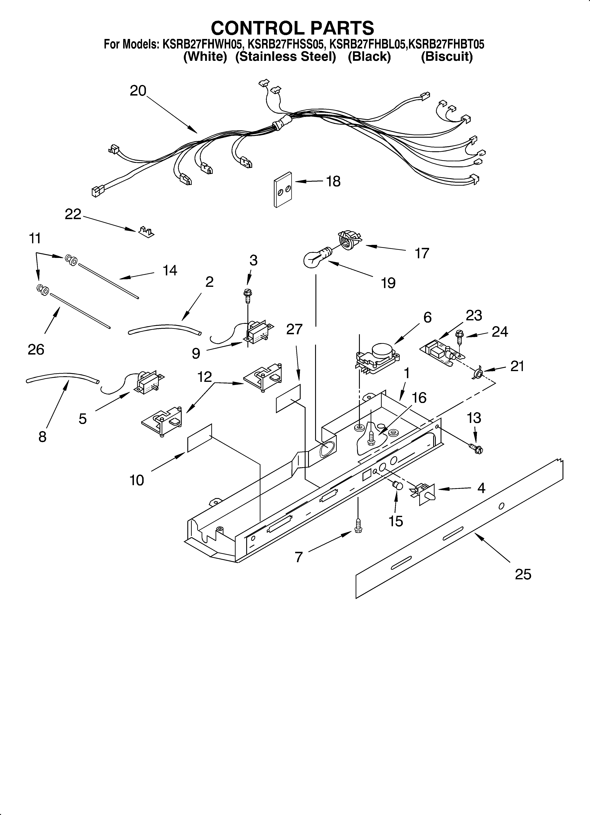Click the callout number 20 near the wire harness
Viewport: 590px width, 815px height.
pyautogui.click(x=138, y=91)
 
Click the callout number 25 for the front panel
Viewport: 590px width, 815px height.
pyautogui.click(x=523, y=574)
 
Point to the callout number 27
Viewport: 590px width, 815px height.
pyautogui.click(x=294, y=329)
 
